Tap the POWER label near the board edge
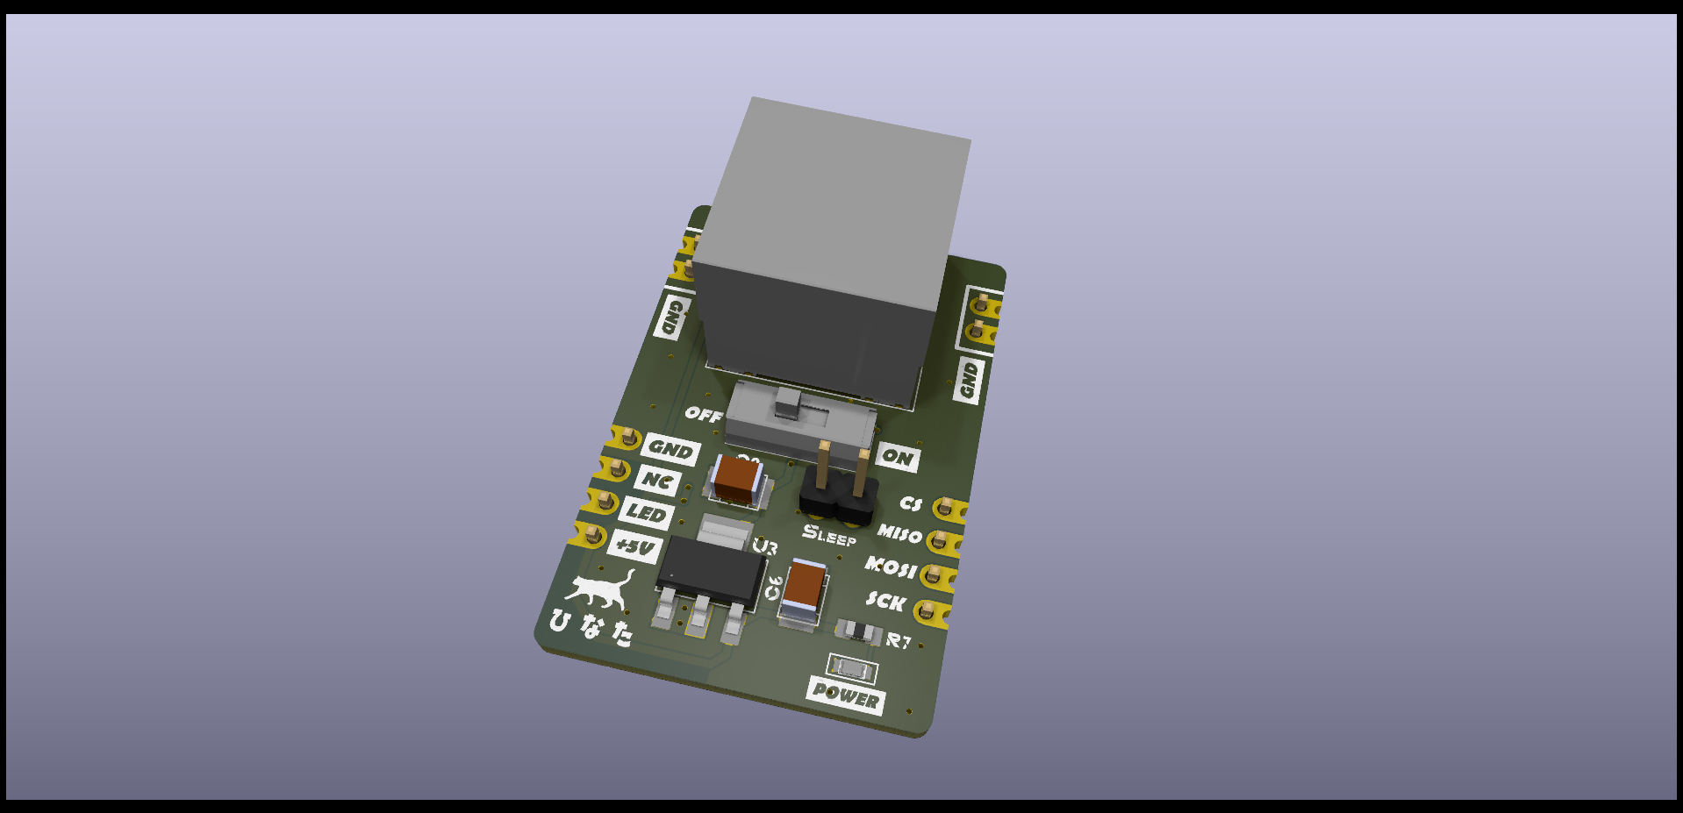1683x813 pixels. coord(845,695)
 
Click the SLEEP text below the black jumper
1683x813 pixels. coord(828,534)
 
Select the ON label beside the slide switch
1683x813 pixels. coord(897,457)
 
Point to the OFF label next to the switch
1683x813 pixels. coord(704,413)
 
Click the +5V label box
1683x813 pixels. coord(634,547)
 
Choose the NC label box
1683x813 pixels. coord(657,481)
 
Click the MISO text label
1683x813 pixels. coord(899,533)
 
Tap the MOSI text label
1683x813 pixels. coord(891,567)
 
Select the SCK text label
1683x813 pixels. coord(885,601)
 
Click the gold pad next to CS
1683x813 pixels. coord(946,508)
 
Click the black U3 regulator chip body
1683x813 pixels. coord(711,570)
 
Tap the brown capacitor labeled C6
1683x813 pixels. coord(805,586)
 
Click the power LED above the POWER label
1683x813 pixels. coord(852,669)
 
